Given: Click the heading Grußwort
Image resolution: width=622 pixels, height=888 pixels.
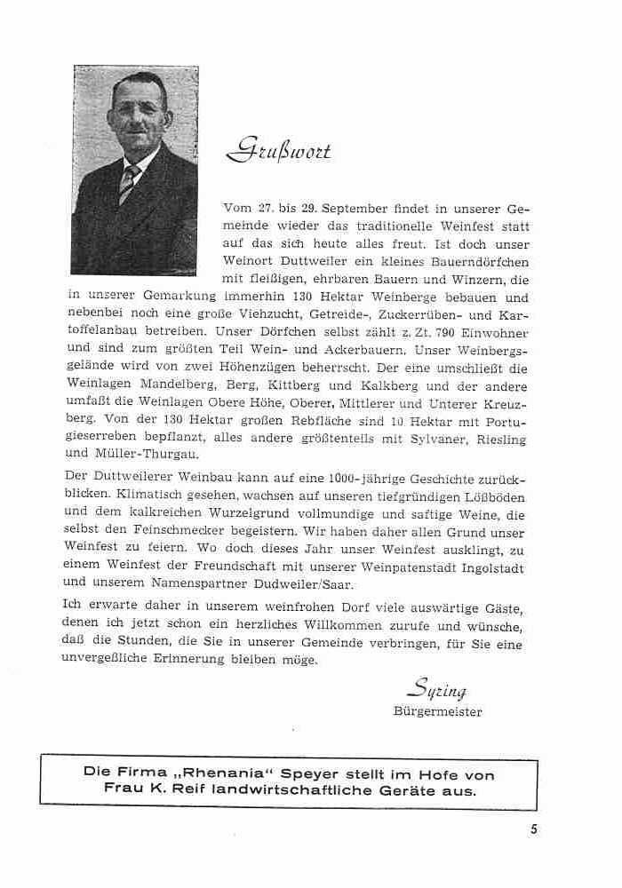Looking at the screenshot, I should tap(278, 151).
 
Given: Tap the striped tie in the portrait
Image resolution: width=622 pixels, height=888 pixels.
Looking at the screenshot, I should tap(129, 182).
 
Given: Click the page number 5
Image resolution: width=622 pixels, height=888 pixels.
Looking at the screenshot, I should tap(533, 830).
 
